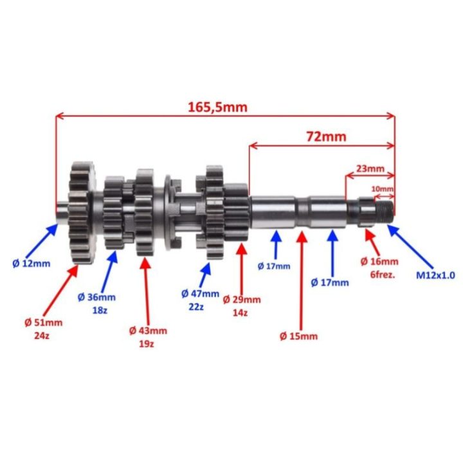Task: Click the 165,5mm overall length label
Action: click(217, 107)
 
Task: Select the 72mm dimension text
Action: click(326, 137)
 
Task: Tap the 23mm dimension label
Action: click(370, 168)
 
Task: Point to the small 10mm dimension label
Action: click(382, 188)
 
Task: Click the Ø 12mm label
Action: click(32, 264)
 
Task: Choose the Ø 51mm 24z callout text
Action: click(43, 329)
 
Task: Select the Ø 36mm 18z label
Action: click(96, 304)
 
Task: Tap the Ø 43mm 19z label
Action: click(148, 337)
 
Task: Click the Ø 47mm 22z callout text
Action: click(200, 300)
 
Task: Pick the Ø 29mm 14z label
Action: click(242, 306)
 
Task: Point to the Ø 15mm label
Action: click(298, 336)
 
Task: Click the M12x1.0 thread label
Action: click(435, 275)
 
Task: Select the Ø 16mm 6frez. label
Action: click(379, 268)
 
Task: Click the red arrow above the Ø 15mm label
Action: click(301, 280)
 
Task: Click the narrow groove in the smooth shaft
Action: click(302, 212)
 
